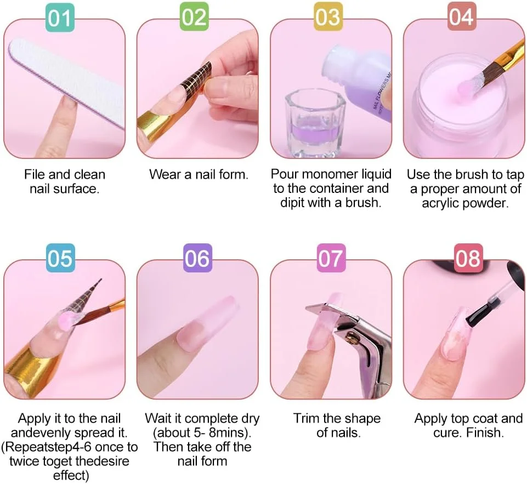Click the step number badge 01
pyautogui.click(x=60, y=18)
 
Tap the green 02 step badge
pyautogui.click(x=194, y=16)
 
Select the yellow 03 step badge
pyautogui.click(x=328, y=16)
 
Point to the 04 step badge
pyautogui.click(x=462, y=16)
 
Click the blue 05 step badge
pyautogui.click(x=60, y=258)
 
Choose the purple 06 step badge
pyautogui.click(x=197, y=258)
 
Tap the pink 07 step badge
pyautogui.click(x=331, y=258)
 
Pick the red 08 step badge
pyautogui.click(x=468, y=258)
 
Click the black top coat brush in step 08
pyautogui.click(x=482, y=312)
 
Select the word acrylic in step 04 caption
pyautogui.click(x=438, y=203)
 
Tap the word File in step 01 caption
pyautogui.click(x=35, y=175)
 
